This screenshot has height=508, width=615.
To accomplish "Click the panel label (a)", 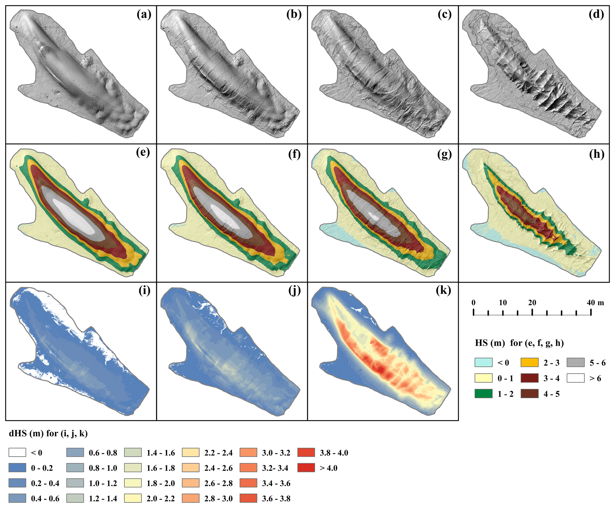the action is click(x=144, y=15).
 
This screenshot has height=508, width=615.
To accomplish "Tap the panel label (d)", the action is click(x=597, y=15).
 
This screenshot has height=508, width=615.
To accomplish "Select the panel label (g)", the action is click(x=445, y=154).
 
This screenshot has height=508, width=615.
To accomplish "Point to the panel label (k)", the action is click(x=443, y=290).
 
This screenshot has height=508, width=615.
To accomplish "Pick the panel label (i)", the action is click(x=144, y=290).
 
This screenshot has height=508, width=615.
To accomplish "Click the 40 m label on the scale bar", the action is click(x=595, y=303).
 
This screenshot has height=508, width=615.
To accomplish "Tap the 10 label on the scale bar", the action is click(x=503, y=303).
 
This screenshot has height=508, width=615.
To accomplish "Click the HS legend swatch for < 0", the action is click(x=483, y=362).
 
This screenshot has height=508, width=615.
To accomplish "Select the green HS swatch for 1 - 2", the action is click(x=483, y=394).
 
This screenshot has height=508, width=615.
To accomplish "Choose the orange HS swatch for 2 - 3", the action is click(x=530, y=362).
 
